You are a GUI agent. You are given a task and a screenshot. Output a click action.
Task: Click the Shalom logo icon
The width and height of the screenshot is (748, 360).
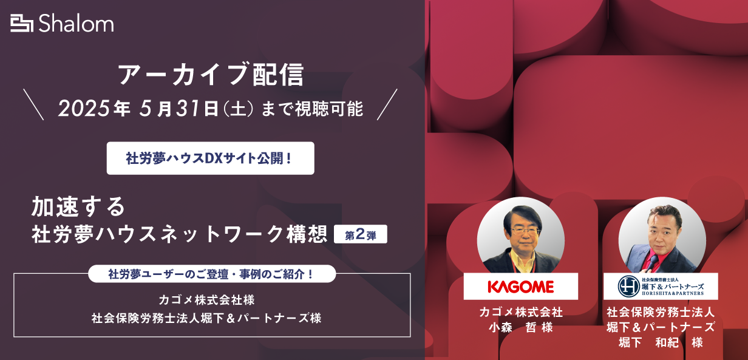tap(22, 24)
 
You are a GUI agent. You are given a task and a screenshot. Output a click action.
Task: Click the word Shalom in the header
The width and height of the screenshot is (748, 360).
tap(76, 24)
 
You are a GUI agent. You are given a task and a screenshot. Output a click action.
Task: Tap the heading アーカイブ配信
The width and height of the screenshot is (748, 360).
tap(211, 74)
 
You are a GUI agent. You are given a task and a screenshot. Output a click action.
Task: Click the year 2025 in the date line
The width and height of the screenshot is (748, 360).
tap(84, 109)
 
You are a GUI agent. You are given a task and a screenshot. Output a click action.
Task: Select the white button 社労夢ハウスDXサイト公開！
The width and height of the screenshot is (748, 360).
tap(210, 158)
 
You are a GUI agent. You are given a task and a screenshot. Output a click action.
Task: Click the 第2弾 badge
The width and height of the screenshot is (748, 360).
tap(361, 234)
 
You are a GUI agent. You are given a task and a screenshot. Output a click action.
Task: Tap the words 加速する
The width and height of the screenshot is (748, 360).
tap(78, 206)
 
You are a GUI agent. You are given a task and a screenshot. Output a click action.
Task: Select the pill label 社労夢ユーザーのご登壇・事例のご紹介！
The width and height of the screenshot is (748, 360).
tap(212, 274)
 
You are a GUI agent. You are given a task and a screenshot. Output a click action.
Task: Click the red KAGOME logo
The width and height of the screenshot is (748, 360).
tap(520, 287)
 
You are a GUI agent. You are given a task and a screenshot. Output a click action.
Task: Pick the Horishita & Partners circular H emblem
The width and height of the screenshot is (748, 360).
tap(628, 286)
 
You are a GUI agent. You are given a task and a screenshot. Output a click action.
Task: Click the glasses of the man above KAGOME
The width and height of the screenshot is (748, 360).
tap(525, 231)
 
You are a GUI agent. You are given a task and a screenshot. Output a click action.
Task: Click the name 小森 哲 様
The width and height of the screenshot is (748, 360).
tap(521, 327)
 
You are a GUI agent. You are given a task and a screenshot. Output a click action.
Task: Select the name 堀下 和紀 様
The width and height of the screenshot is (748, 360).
tap(661, 342)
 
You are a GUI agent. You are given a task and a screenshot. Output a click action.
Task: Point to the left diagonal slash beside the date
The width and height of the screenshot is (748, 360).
tap(33, 104)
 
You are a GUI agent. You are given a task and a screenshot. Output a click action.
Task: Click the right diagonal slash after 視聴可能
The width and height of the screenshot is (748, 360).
tap(387, 104)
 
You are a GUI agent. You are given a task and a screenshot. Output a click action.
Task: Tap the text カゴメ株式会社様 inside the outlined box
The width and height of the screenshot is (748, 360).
tap(206, 300)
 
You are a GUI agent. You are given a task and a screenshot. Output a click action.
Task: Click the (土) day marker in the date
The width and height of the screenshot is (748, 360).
tap(238, 109)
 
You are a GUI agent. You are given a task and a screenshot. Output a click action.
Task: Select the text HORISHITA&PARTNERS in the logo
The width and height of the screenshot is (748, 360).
tap(673, 294)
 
